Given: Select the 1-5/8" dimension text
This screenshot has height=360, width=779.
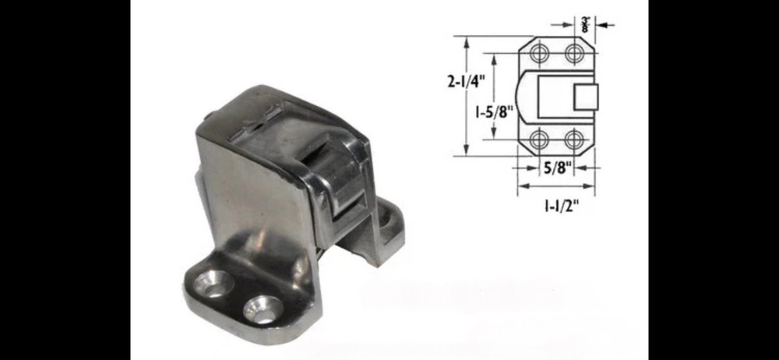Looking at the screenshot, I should pos(492,111).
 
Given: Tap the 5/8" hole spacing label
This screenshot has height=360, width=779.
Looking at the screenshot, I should pos(557,167).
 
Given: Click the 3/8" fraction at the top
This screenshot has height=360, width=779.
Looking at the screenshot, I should pos(586,24).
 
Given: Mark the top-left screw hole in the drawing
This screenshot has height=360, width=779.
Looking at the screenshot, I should pos(540,54).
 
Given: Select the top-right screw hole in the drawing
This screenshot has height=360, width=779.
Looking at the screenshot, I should pos(575,54).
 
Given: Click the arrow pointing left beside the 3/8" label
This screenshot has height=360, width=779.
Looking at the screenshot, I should pos(606,25).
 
